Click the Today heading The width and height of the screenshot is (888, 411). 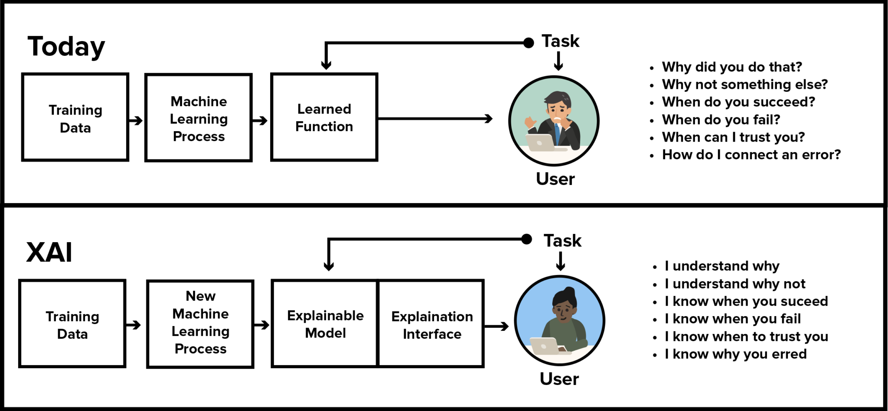pos(66,47)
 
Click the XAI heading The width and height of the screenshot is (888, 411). pos(49,252)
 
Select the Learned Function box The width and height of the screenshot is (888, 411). pos(324,117)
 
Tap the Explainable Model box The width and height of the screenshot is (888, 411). pos(325,324)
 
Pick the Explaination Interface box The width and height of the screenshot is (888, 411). pos(432,325)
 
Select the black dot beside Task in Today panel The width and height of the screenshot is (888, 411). pos(529,42)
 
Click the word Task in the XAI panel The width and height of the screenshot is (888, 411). pos(562,241)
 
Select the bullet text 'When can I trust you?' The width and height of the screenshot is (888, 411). pos(733,137)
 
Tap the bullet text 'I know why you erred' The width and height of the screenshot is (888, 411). pos(735,354)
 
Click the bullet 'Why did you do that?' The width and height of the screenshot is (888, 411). pos(731,67)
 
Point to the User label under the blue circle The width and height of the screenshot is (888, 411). pos(559,379)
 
